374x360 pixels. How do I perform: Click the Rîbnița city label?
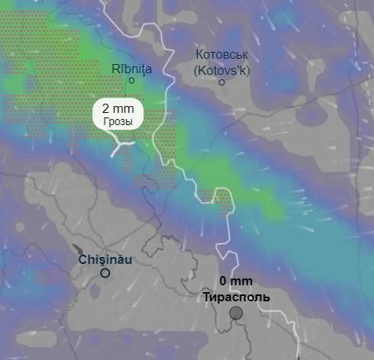pos(132,69)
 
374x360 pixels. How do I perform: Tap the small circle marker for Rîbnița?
pos(131,80)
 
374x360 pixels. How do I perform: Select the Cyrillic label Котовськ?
pos(222,55)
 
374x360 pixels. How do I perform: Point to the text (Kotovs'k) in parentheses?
pos(222,69)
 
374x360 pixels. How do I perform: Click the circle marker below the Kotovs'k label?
pos(222,82)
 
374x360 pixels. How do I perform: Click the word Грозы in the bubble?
pos(118,122)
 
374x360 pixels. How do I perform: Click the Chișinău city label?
pos(105,259)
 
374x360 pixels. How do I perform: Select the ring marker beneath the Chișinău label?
pos(105,273)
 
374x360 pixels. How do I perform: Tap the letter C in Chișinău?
pos(83,259)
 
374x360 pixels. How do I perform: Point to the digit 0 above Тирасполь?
pos(223,281)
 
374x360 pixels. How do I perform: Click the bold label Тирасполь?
pos(236,296)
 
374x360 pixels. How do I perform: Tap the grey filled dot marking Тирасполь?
pos(236,313)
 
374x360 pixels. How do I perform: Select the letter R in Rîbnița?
pos(116,69)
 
